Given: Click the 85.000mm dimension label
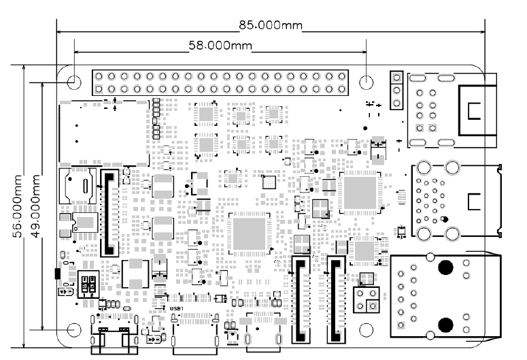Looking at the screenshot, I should [270, 25].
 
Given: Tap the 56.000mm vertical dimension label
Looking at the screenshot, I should [18, 197].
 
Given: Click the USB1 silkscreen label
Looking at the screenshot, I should [176, 308].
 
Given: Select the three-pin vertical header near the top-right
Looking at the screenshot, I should [395, 89].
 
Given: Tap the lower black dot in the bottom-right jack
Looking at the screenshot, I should [446, 323].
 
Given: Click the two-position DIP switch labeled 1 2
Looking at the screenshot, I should [87, 285].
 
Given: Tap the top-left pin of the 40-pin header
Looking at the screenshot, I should [99, 76].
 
